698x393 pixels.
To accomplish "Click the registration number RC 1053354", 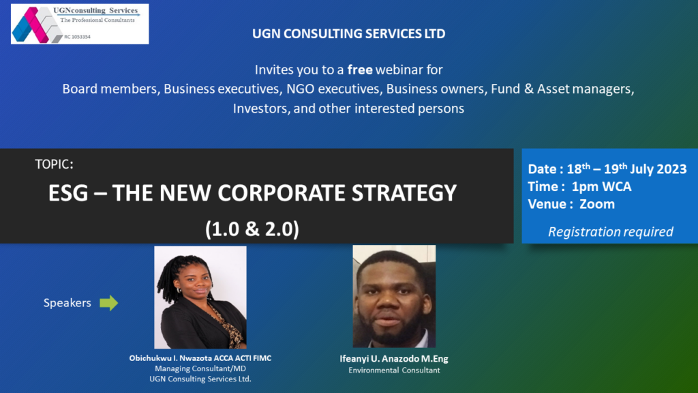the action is [x=77, y=37].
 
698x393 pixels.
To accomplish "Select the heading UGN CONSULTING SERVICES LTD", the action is [x=348, y=34].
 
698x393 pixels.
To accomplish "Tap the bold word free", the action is [x=360, y=70].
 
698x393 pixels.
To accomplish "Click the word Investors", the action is [x=260, y=108].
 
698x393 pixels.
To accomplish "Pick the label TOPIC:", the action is [x=55, y=164].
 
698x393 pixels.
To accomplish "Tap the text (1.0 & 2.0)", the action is [x=252, y=229].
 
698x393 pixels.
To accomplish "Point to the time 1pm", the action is [x=584, y=187].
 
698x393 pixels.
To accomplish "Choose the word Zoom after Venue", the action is [x=597, y=204].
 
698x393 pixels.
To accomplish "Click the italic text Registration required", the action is [x=610, y=232].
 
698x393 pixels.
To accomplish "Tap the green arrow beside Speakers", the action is [x=108, y=303].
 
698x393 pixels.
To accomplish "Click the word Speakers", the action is [x=67, y=303].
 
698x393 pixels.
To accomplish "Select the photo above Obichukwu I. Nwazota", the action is [x=200, y=297].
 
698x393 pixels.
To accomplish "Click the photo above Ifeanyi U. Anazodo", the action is [x=394, y=296].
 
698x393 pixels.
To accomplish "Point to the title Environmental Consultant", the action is [x=394, y=370].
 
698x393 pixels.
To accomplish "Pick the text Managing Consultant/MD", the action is [x=200, y=368].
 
